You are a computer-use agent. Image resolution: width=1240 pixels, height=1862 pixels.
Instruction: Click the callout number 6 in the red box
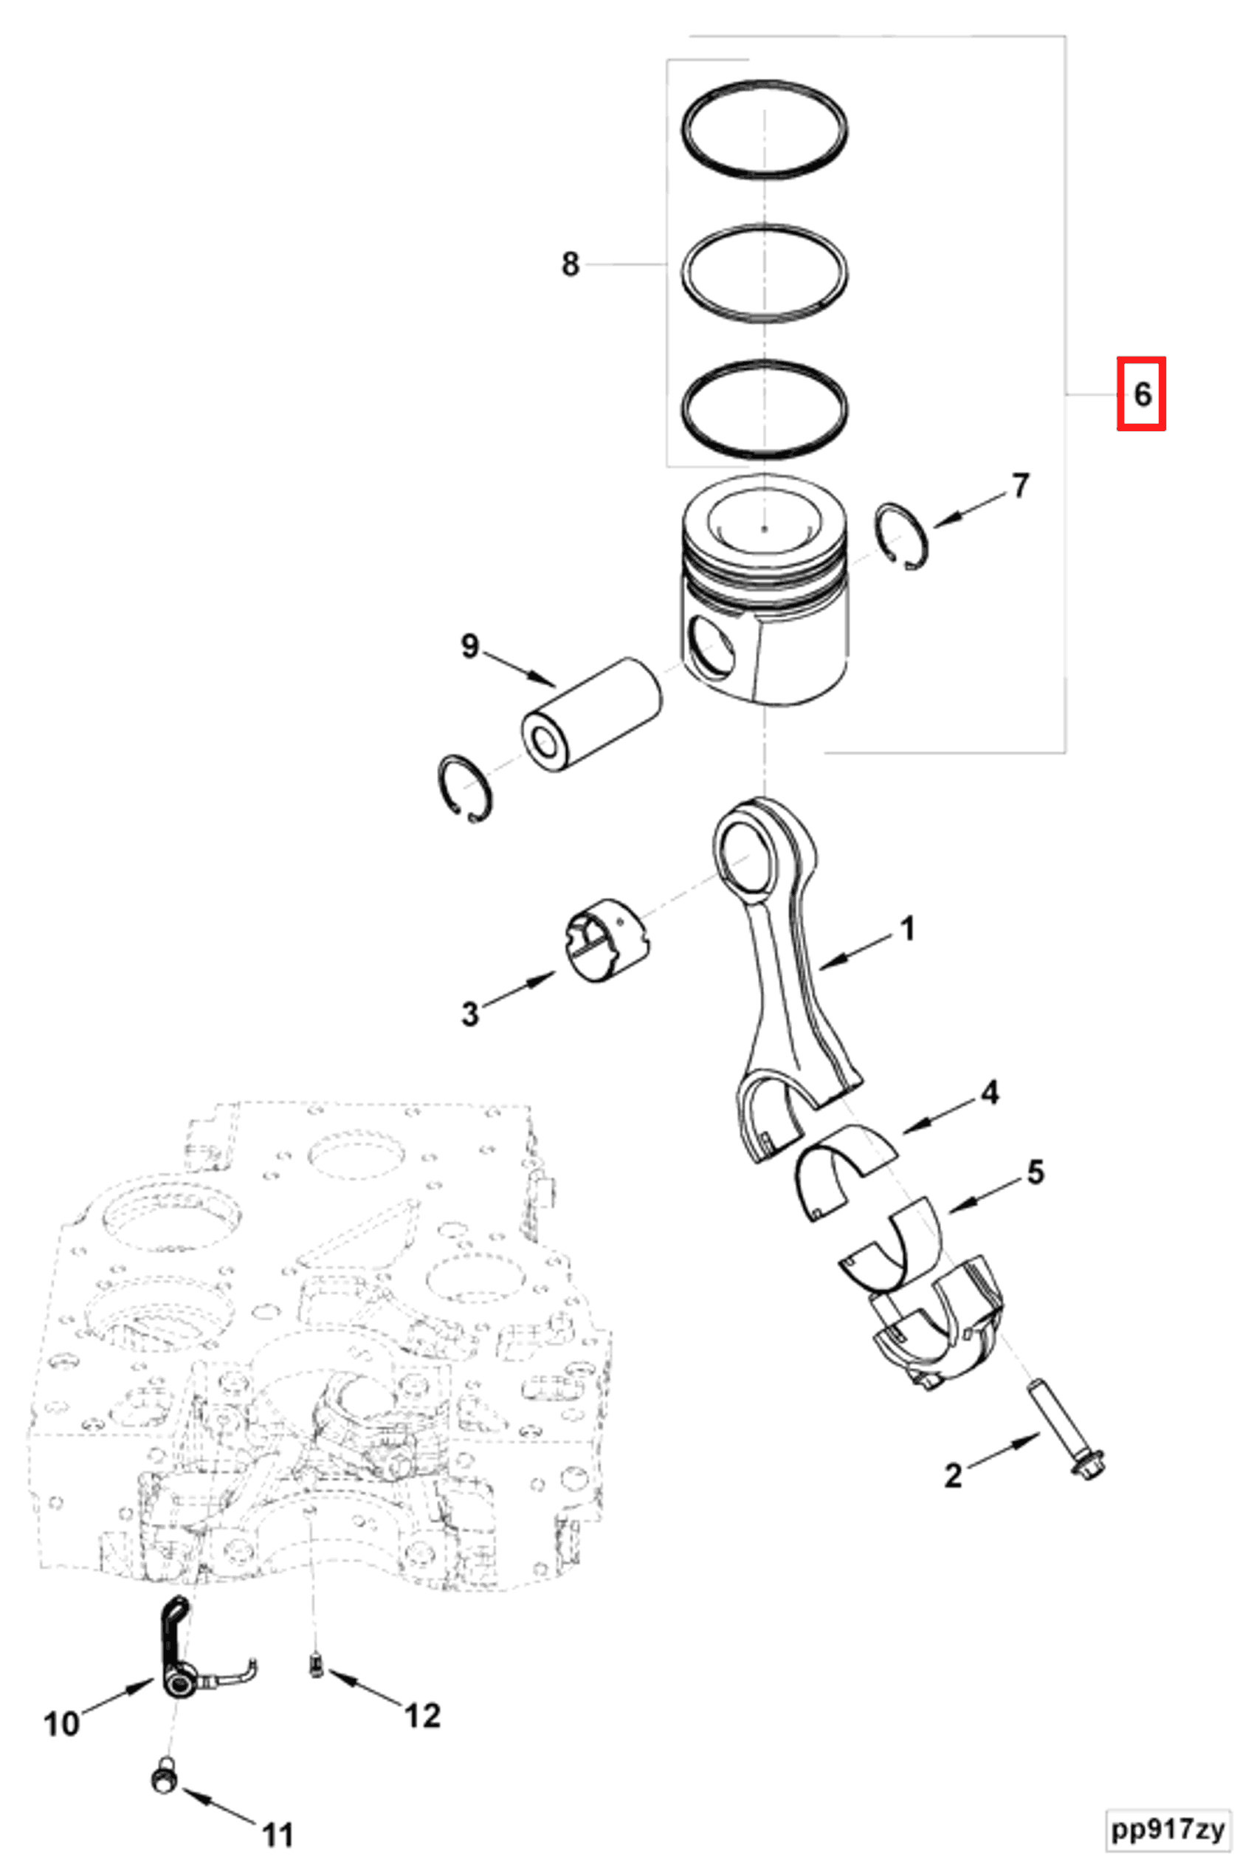click(1141, 393)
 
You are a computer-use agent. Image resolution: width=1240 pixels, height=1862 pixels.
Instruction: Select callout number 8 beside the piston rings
click(569, 264)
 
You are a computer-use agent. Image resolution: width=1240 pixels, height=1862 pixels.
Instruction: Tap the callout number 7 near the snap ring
click(1021, 486)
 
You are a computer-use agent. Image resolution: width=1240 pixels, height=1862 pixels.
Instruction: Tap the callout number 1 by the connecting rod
click(908, 929)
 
